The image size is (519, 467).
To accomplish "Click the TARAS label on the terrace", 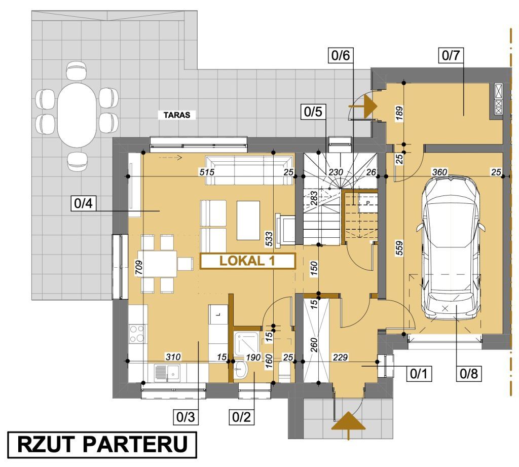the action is [x=177, y=115].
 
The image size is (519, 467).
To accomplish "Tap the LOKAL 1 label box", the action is [x=247, y=261].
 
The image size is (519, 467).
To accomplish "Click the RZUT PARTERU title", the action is [x=102, y=445].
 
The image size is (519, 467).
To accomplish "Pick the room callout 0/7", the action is [x=451, y=55].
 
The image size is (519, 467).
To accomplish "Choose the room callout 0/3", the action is [x=186, y=417].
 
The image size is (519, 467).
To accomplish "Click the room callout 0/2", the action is [x=242, y=417].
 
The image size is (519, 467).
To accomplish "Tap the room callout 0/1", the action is [x=419, y=374].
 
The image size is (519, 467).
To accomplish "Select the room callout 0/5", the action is [x=313, y=112].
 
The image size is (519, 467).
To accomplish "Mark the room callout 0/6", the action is [x=341, y=55].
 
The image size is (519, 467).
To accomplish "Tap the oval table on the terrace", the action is [x=77, y=115].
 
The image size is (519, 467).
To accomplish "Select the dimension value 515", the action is [x=207, y=172].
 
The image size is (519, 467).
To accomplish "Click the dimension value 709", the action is [x=139, y=268].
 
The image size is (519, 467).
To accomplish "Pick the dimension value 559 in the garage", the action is [x=399, y=248].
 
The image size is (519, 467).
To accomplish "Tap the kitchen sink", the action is [x=167, y=373].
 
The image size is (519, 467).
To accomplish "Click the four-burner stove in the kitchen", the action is [x=137, y=334].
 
